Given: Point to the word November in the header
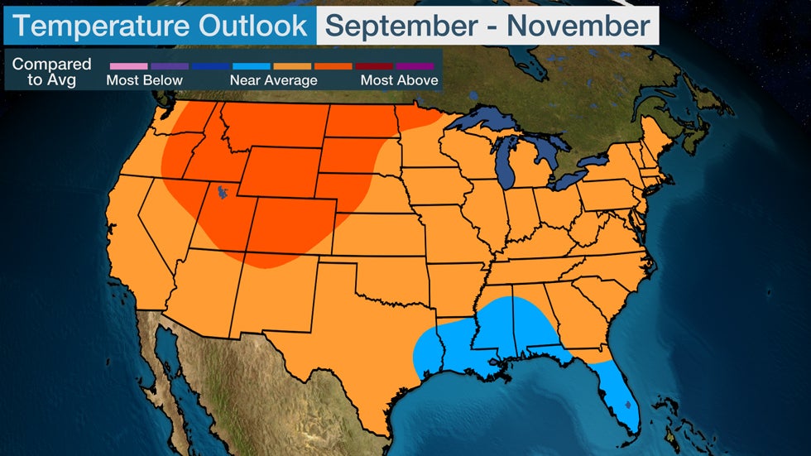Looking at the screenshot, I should click(579, 26).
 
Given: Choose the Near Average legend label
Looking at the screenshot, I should click(273, 80).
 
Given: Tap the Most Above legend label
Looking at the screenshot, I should click(399, 80).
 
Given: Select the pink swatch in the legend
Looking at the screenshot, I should click(127, 65).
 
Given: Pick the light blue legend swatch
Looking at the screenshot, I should click(250, 65).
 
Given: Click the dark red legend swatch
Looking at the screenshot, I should click(373, 65).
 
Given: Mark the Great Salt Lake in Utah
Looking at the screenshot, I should click(221, 194).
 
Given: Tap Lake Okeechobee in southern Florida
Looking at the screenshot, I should click(628, 406).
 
